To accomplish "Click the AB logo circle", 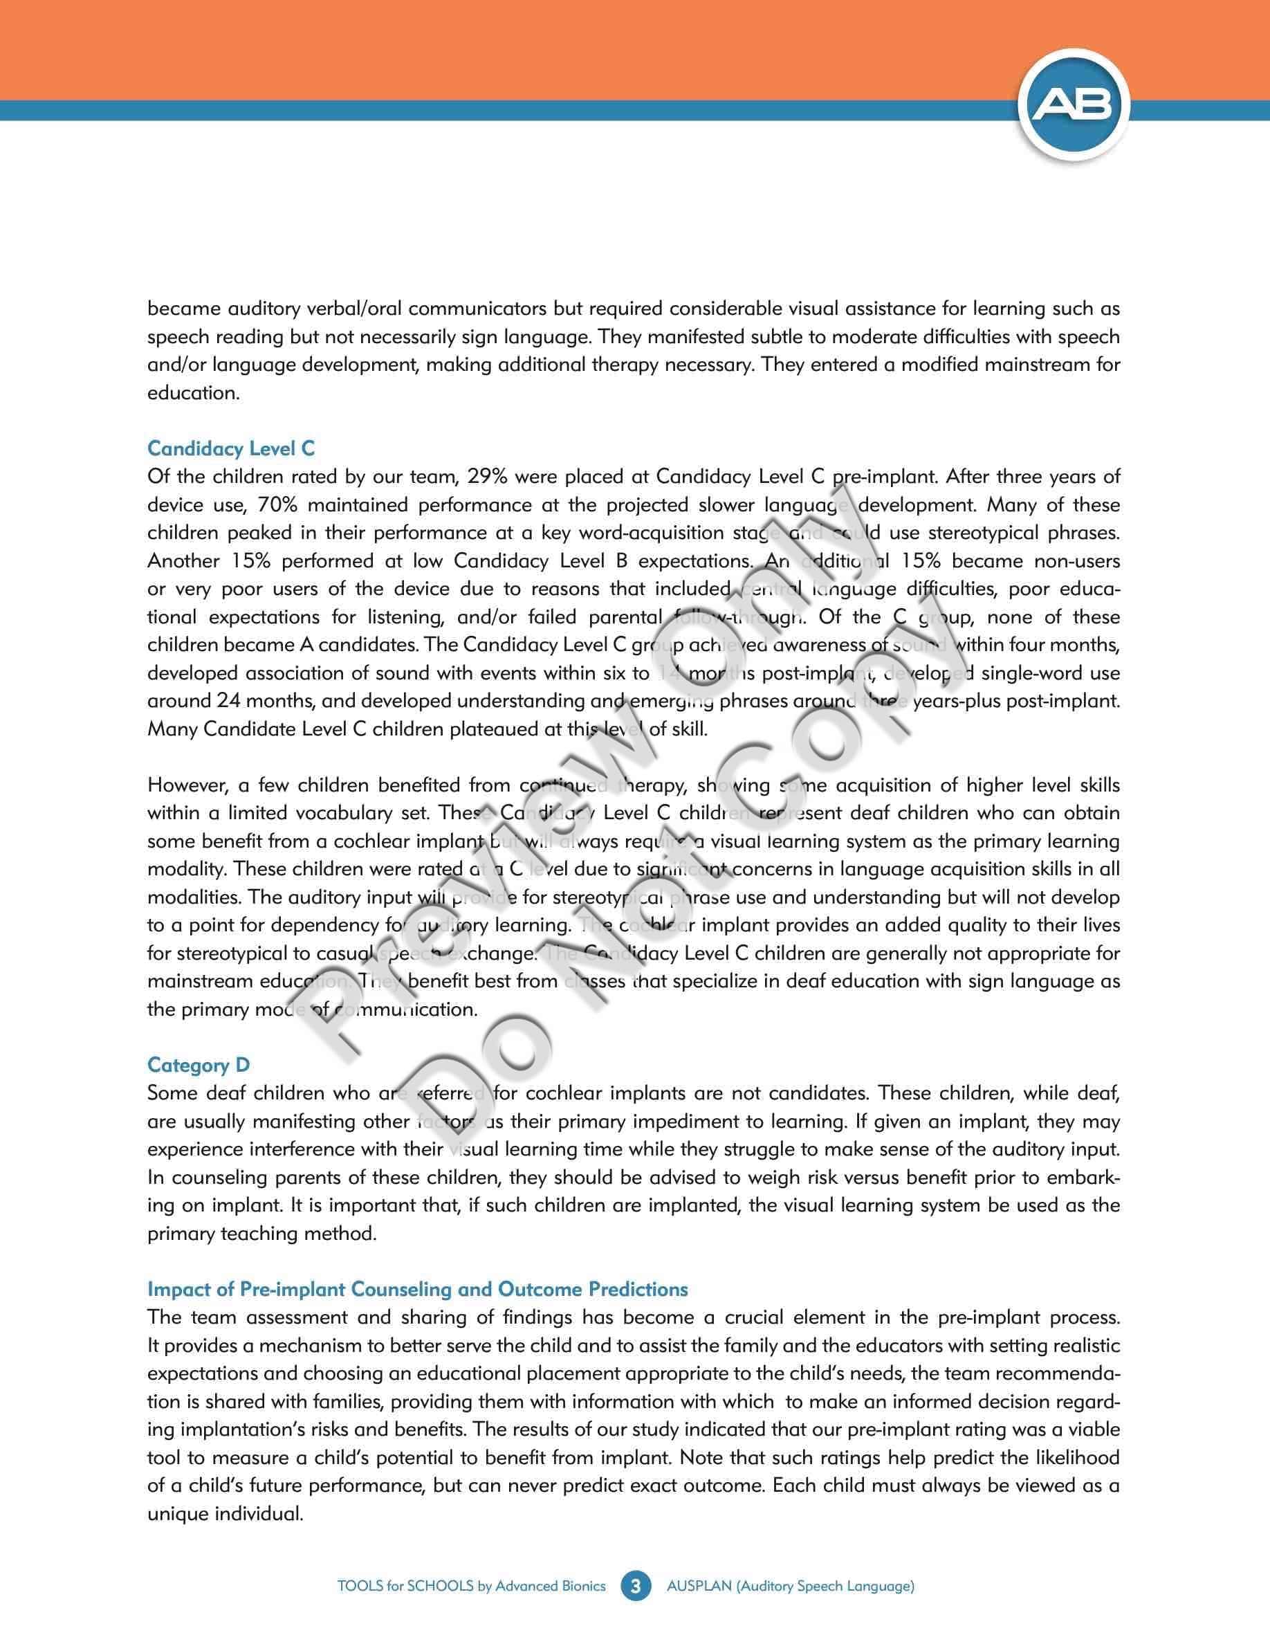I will pos(1074,106).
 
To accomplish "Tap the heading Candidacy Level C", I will pos(231,448).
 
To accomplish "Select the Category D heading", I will pos(199,1064).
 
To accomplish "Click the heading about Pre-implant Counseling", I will pos(418,1289).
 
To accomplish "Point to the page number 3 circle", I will pos(636,1586).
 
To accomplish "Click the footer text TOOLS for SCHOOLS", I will pos(471,1586).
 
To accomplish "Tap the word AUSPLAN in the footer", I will pos(699,1586).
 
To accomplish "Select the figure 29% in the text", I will pos(490,477).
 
